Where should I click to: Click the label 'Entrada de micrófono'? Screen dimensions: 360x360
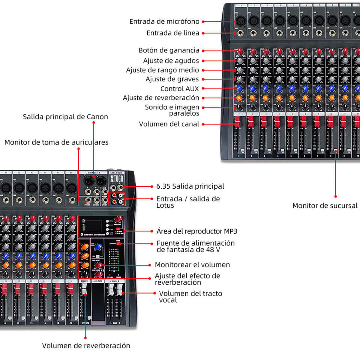(164, 22)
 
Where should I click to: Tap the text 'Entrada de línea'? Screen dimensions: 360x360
(173, 33)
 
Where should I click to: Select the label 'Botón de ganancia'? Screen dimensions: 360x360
(169, 50)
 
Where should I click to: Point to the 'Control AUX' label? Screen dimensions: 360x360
(180, 89)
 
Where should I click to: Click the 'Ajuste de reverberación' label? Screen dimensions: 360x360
(161, 98)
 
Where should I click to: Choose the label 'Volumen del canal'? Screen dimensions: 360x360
(169, 124)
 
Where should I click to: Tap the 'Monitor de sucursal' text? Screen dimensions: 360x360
(325, 205)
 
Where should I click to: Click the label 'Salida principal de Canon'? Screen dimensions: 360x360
(65, 117)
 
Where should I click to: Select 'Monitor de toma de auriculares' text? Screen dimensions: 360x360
(56, 142)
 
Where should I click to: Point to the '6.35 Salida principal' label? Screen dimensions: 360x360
(190, 186)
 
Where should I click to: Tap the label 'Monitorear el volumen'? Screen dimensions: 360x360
(192, 265)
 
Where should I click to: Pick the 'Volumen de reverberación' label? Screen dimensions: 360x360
(86, 346)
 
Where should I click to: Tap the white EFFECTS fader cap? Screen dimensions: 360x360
(84, 289)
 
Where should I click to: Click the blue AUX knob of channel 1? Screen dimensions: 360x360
(239, 89)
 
